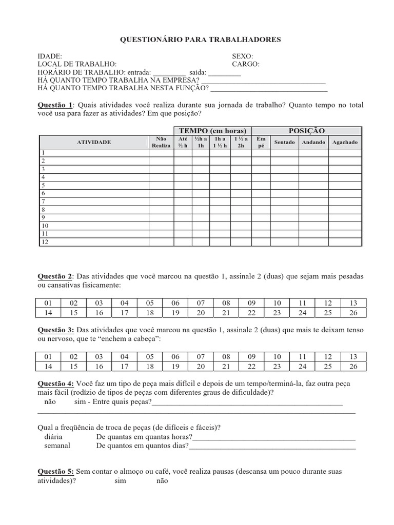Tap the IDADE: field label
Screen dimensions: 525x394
[x=50, y=56]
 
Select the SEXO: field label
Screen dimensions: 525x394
[x=243, y=56]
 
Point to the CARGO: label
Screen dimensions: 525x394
[x=246, y=64]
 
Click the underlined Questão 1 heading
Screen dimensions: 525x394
[x=56, y=105]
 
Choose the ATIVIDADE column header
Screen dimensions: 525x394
[x=94, y=142]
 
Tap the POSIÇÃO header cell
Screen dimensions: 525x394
[x=307, y=131]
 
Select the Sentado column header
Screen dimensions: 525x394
[x=285, y=142]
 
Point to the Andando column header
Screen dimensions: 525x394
[x=313, y=142]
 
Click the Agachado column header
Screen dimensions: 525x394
[x=345, y=142]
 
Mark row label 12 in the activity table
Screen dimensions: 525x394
[x=45, y=242]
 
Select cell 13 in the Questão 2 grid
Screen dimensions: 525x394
[x=353, y=302]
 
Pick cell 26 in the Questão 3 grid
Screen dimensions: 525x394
[x=353, y=367]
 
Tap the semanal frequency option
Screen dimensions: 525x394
[x=57, y=446]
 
